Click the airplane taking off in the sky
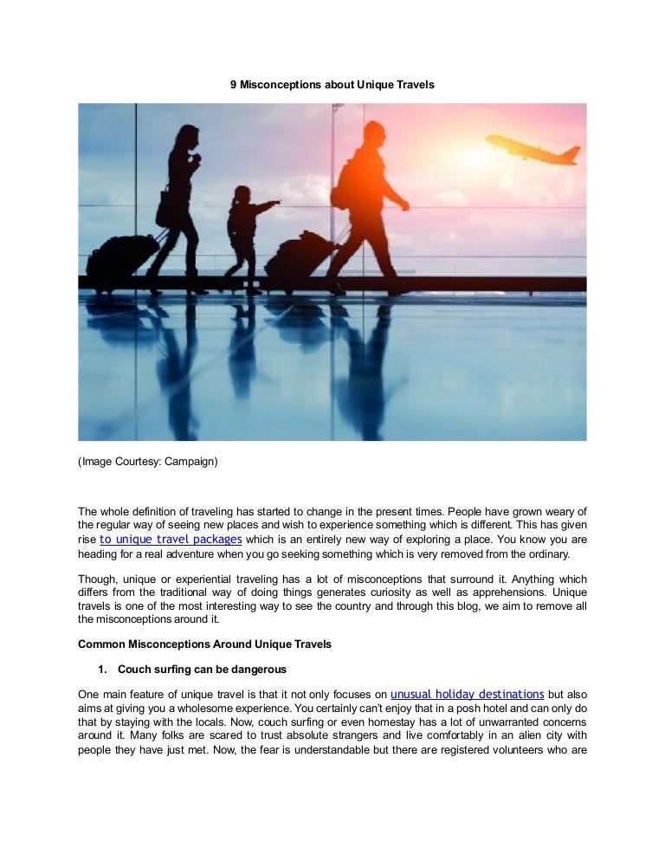tap(533, 148)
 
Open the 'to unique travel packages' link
tap(171, 539)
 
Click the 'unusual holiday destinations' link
tap(468, 694)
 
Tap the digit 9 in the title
tap(233, 85)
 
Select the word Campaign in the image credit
tap(190, 462)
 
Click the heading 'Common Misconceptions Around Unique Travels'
tap(204, 644)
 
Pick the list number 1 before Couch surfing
tap(101, 670)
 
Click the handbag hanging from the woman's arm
tap(165, 210)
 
